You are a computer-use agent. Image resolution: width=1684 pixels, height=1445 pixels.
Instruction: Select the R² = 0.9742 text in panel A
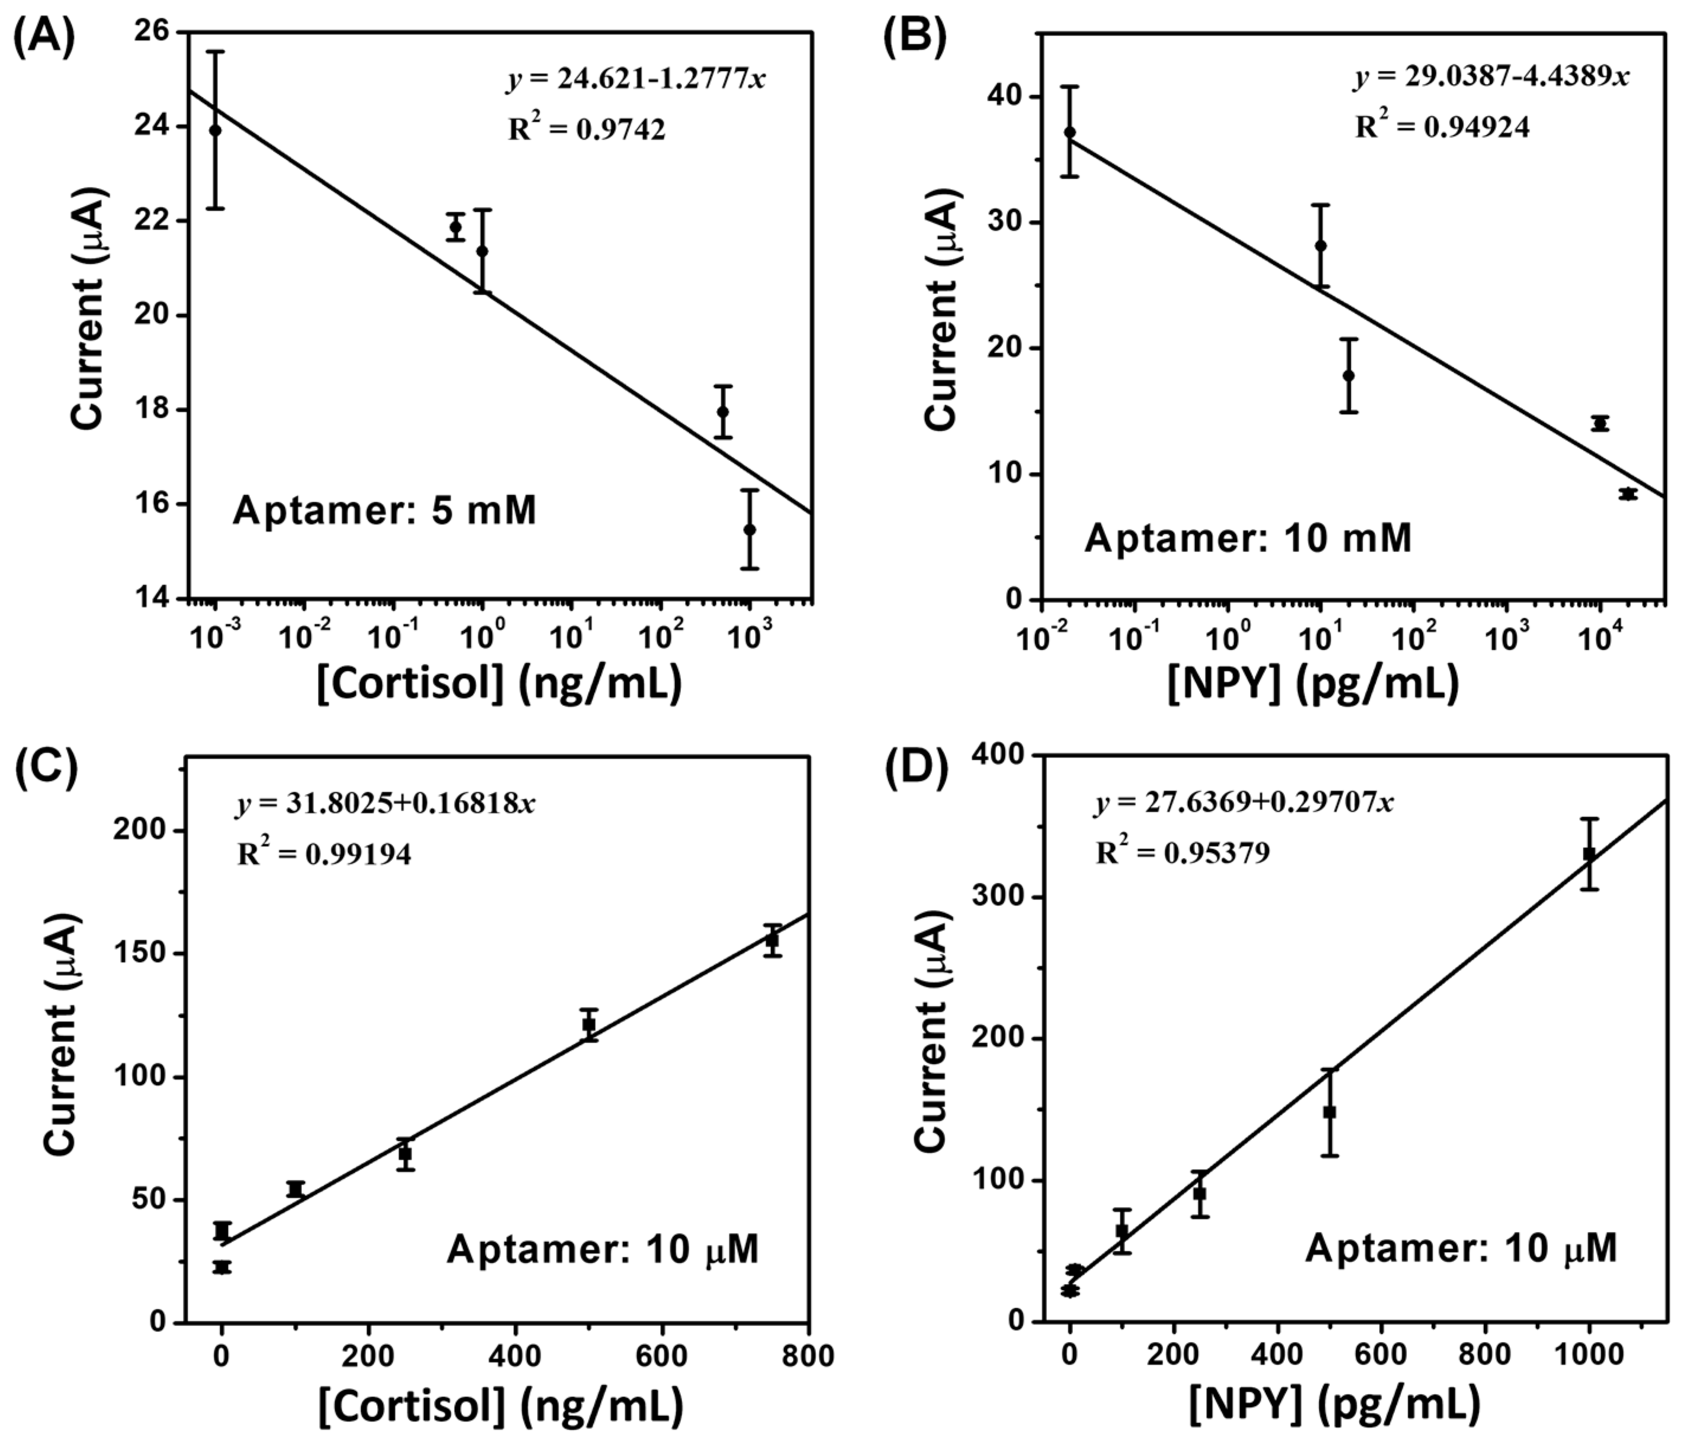(x=587, y=128)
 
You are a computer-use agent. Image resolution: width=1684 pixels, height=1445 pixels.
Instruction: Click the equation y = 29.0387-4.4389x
(x=1492, y=76)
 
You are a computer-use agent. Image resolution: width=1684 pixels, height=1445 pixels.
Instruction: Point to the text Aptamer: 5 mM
(x=384, y=512)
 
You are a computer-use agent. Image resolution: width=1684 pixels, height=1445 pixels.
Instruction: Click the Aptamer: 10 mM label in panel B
(x=1248, y=538)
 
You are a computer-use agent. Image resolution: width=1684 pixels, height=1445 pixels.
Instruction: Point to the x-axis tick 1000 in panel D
(x=1589, y=1356)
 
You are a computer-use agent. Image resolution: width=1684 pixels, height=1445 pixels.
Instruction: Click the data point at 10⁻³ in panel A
(x=216, y=130)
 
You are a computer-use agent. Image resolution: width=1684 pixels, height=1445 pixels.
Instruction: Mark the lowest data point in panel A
(x=750, y=530)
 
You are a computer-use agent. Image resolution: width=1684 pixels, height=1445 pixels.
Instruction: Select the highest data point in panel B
(x=1069, y=131)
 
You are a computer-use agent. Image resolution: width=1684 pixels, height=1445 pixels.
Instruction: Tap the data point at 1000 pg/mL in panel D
(x=1589, y=854)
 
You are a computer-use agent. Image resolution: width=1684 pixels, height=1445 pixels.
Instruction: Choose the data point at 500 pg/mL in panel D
(x=1330, y=1112)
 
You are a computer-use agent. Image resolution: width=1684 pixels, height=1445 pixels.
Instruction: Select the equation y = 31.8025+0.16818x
(x=386, y=804)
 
